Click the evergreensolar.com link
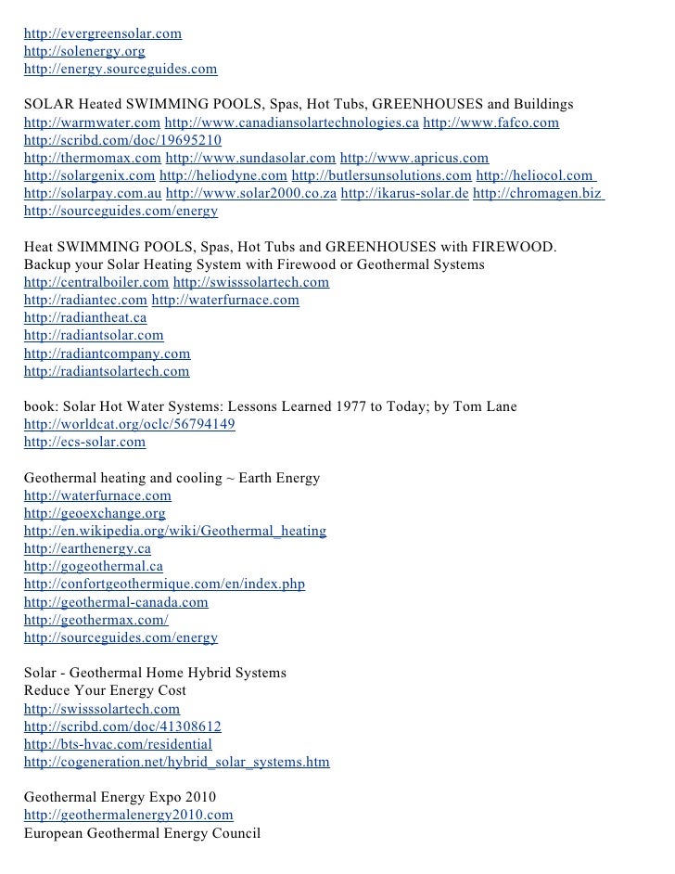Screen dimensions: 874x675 (x=103, y=34)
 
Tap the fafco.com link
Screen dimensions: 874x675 (x=490, y=123)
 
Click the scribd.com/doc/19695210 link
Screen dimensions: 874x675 (x=122, y=141)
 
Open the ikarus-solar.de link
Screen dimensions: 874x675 (x=405, y=194)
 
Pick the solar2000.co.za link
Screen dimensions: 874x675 (x=251, y=194)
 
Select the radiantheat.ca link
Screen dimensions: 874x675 (x=85, y=317)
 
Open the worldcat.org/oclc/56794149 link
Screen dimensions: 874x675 (x=130, y=424)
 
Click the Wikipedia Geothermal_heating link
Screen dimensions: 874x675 (x=175, y=532)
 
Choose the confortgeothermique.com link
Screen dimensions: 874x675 (x=164, y=585)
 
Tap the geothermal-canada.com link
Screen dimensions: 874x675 (x=116, y=602)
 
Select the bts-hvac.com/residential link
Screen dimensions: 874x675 (x=118, y=744)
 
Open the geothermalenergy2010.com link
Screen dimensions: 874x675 (x=129, y=815)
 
